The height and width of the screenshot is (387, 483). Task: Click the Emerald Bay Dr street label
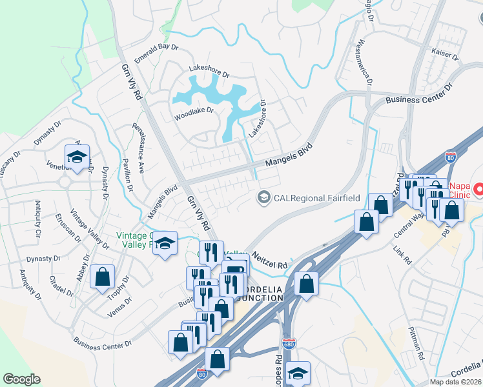pos(156,48)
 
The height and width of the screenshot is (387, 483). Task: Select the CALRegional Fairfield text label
pos(316,197)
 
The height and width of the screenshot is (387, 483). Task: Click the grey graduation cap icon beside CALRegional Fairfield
pos(263,197)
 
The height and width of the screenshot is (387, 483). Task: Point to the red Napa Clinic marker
pos(478,190)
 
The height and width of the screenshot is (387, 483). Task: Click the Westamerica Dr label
pos(365,63)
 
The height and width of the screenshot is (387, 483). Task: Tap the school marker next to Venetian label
pos(76,157)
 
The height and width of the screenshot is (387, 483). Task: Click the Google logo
pos(21,379)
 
